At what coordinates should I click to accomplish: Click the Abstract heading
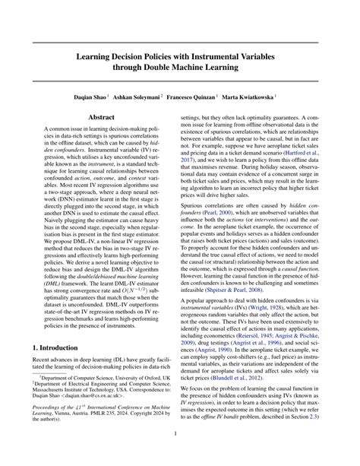point(102,119)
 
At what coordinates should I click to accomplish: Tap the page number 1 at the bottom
point(180,434)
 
